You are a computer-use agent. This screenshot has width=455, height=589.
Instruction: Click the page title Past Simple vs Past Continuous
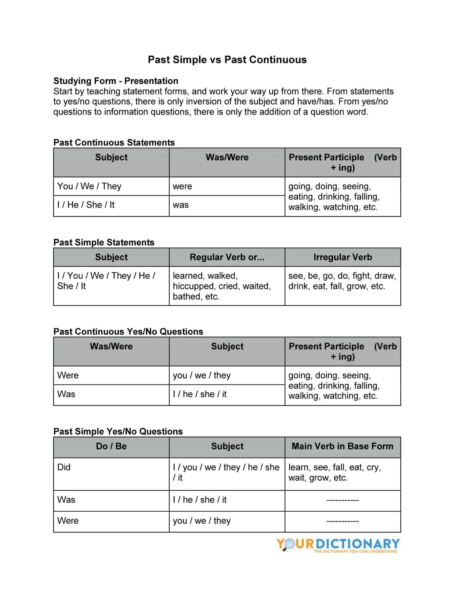227,60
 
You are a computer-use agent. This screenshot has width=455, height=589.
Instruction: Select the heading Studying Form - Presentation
116,81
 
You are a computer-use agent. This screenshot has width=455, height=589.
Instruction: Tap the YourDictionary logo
338,545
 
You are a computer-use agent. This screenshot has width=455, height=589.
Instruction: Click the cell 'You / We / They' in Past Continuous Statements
89,186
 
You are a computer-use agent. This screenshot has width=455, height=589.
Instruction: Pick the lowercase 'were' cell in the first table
182,186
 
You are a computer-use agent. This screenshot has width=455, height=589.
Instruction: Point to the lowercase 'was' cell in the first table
181,205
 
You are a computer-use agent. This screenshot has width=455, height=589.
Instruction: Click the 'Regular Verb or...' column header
227,257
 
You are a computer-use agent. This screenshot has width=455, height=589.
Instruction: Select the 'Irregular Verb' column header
343,257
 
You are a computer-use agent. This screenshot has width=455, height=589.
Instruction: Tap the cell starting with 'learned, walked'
221,286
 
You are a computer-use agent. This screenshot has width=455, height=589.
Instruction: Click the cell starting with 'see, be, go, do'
342,281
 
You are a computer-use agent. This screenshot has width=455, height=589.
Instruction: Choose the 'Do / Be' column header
111,446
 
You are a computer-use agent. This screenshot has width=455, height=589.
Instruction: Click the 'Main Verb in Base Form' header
342,446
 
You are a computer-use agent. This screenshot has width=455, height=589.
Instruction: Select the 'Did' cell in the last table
64,467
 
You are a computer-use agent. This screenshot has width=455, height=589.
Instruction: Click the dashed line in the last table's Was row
342,500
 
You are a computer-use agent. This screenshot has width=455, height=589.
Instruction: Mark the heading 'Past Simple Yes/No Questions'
118,431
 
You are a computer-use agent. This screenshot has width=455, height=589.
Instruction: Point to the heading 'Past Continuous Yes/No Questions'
128,332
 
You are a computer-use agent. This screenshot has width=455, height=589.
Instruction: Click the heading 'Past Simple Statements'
104,242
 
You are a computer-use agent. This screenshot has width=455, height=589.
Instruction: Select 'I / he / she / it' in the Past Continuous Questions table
200,394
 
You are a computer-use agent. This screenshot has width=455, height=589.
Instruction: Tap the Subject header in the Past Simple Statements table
111,257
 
